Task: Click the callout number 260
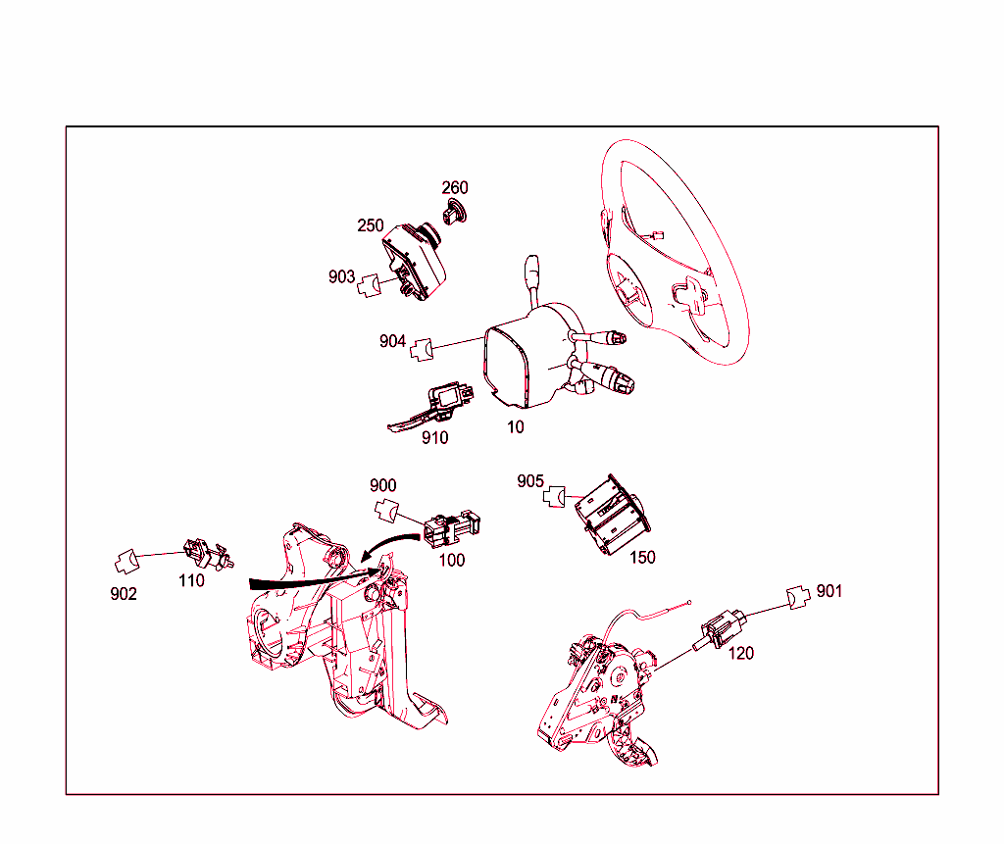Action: click(455, 187)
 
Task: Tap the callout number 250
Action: click(370, 225)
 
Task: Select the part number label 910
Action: click(434, 438)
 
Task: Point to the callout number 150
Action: click(642, 557)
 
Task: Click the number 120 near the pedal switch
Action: click(741, 653)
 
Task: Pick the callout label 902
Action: click(124, 594)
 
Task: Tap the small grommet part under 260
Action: click(455, 212)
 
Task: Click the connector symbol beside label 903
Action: click(369, 285)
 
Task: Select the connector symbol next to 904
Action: click(422, 350)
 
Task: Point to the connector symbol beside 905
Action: click(555, 496)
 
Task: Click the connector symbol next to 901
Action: click(798, 597)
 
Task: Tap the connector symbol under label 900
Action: click(386, 511)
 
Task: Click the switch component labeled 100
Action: click(451, 527)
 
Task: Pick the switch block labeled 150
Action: click(612, 515)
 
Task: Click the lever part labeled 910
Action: click(430, 407)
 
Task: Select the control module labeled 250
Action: click(414, 262)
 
